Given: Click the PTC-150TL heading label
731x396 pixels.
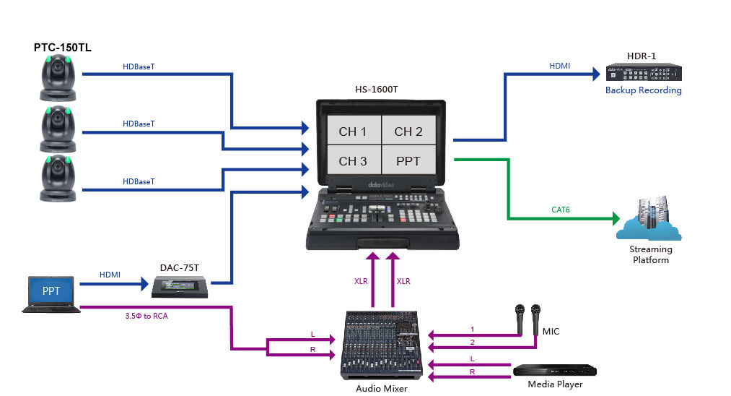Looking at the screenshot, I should (x=62, y=48).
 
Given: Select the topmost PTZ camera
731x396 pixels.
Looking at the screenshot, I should (x=58, y=78).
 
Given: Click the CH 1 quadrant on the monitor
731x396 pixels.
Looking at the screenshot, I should (x=352, y=132).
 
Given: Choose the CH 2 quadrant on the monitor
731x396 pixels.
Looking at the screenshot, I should (x=408, y=132).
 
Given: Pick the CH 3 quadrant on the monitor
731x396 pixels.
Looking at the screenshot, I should (x=352, y=160).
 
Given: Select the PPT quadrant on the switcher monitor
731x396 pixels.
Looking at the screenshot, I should (x=408, y=160).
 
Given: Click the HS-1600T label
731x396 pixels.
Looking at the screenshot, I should (x=376, y=90).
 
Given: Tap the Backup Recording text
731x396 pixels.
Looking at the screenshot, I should (x=643, y=90).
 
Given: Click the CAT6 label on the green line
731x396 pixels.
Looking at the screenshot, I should (x=561, y=210).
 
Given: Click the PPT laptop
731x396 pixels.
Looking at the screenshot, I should (x=51, y=293).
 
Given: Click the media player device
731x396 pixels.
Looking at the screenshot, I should (x=555, y=370).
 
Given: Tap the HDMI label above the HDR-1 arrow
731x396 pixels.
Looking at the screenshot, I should (x=559, y=66).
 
